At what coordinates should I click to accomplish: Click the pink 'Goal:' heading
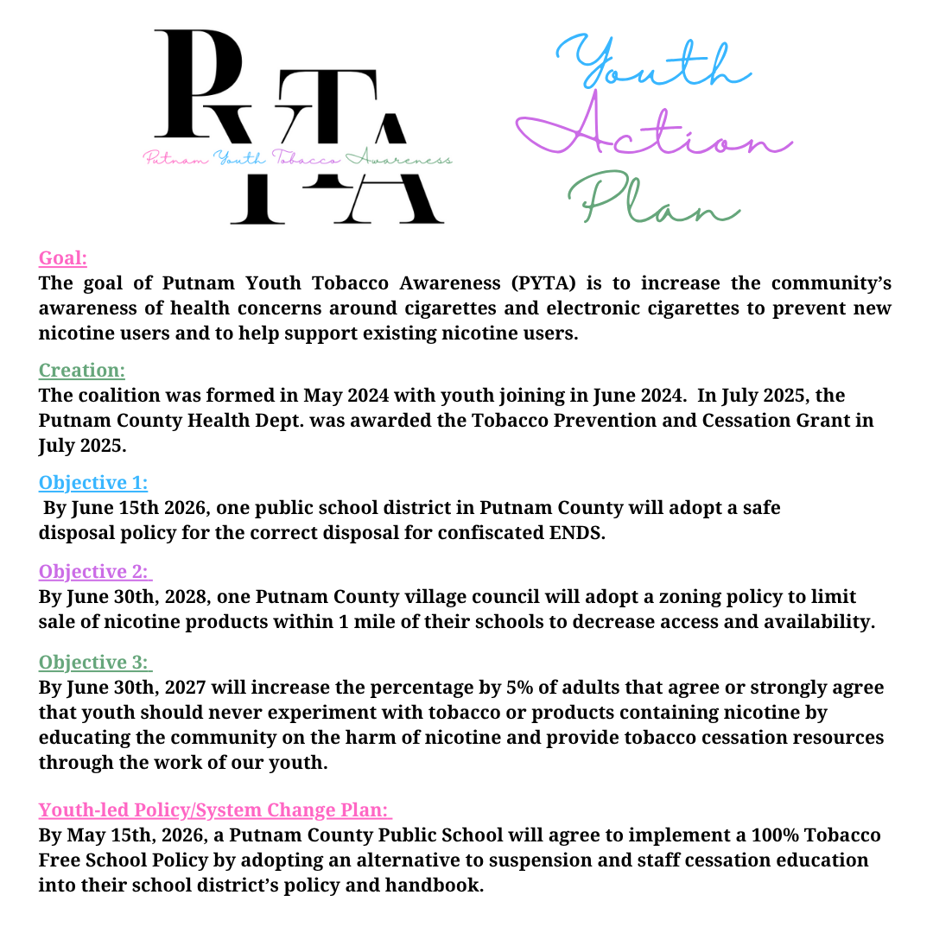coord(63,257)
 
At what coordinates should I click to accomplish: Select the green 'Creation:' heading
coord(82,370)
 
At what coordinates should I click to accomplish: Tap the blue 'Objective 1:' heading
coord(93,482)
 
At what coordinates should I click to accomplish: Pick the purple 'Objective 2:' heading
coord(95,571)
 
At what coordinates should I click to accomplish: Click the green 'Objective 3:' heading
coord(95,662)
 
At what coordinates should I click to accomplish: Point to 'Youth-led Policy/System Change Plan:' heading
coord(215,810)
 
